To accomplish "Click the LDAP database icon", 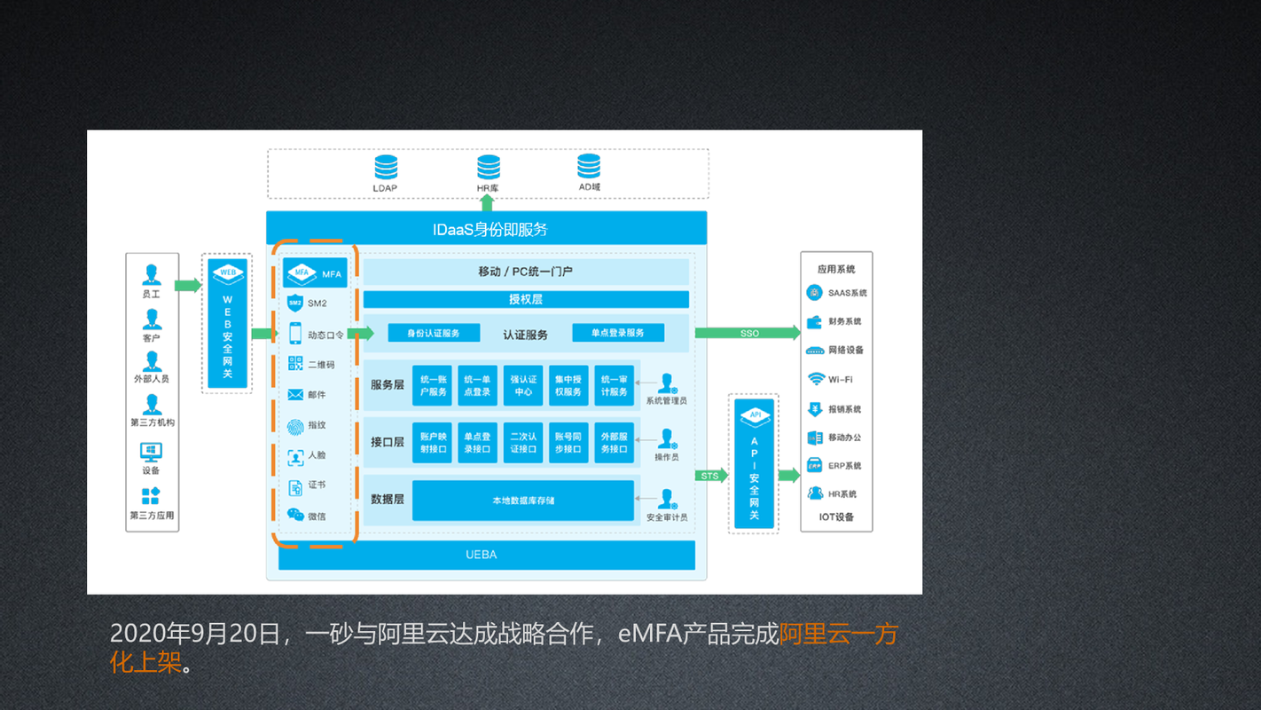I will pos(386,167).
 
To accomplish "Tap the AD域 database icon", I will pos(589,166).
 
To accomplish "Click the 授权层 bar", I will pos(526,299).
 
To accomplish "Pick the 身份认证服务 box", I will pos(434,333).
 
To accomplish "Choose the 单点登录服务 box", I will pos(618,333).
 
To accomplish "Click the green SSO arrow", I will pos(747,333).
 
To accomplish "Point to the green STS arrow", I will pos(711,476).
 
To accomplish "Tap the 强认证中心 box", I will pos(523,386).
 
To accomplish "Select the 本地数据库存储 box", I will pos(523,501).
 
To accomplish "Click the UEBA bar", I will pos(486,555).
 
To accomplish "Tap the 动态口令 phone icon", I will pos(295,334).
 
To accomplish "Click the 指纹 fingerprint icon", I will pos(295,425).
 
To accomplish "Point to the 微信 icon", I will pos(295,515).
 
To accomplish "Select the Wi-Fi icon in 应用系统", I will pos(816,379).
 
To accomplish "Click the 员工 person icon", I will pos(152,275).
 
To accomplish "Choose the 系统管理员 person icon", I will pos(666,383).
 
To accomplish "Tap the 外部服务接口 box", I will pos(614,443).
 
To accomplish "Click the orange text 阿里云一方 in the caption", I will pos(838,635).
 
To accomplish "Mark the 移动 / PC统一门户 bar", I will pos(526,272).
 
